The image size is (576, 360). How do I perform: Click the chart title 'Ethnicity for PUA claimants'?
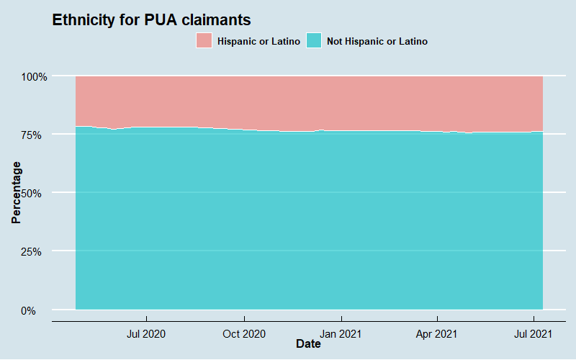pyautogui.click(x=151, y=20)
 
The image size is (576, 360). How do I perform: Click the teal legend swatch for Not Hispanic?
pyautogui.click(x=315, y=41)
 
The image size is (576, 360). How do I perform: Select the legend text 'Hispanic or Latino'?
pyautogui.click(x=258, y=42)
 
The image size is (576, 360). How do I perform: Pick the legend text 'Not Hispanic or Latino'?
pyautogui.click(x=377, y=42)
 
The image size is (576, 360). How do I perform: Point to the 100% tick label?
pyautogui.click(x=32, y=76)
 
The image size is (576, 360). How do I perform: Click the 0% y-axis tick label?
pyautogui.click(x=37, y=310)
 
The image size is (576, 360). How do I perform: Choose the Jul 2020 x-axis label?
pyautogui.click(x=147, y=334)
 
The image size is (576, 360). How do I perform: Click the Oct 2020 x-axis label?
pyautogui.click(x=244, y=334)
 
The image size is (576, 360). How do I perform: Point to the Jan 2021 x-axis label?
pyautogui.click(x=341, y=334)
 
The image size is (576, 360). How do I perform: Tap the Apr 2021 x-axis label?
pyautogui.click(x=437, y=334)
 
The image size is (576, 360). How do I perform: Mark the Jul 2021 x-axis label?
pyautogui.click(x=534, y=334)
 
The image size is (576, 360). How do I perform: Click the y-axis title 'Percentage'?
pyautogui.click(x=17, y=192)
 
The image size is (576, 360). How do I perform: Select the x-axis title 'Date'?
pyautogui.click(x=308, y=345)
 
